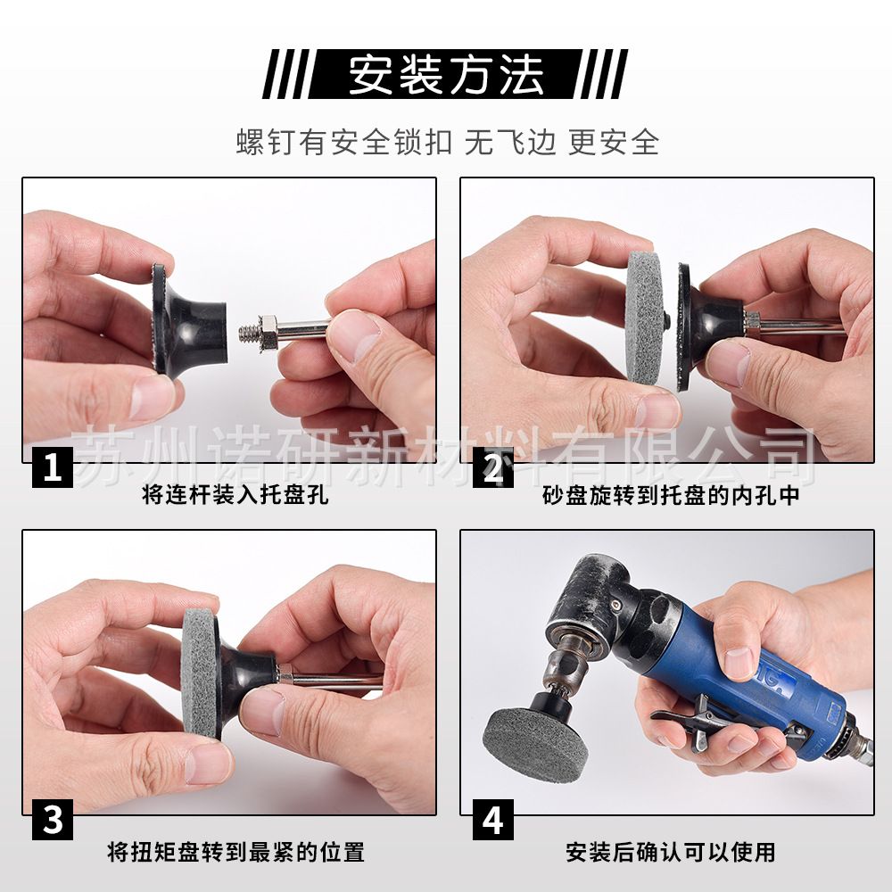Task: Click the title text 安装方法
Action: point(445,75)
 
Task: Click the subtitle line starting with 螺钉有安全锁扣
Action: point(447,142)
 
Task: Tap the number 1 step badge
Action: point(53,467)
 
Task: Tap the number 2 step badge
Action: point(492,467)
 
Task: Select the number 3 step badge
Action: point(53,820)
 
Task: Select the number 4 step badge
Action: point(492,820)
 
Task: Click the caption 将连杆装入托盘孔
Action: point(235,494)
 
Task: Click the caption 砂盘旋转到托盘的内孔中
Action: point(671,495)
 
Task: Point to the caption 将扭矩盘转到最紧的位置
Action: point(235,852)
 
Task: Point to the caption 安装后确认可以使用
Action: point(671,852)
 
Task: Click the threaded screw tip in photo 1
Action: point(249,332)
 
